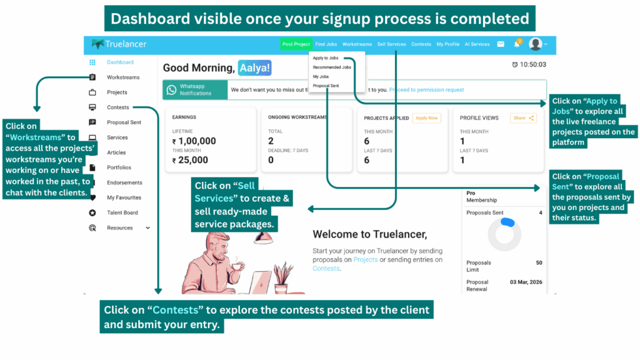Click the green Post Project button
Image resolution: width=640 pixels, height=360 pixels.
[296, 44]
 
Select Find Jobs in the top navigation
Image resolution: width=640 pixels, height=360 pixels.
[326, 44]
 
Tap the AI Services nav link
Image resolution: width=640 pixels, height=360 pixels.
[480, 44]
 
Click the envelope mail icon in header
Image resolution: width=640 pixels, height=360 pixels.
[501, 44]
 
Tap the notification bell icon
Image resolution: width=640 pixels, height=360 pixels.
[517, 44]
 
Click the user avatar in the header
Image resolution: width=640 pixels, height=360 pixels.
[536, 44]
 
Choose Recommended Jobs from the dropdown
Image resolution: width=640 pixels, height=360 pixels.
[332, 67]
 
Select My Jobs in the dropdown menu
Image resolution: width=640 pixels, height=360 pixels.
[321, 76]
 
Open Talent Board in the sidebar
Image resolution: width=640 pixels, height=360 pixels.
[122, 212]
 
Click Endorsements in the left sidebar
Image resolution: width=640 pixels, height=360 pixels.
[124, 182]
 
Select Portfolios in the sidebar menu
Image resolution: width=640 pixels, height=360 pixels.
[119, 167]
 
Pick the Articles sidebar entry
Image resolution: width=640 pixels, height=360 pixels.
[116, 152]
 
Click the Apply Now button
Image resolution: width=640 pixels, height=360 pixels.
[427, 117]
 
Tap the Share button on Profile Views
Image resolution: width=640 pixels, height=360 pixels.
[523, 117]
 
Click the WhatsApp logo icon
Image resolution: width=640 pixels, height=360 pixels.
[171, 90]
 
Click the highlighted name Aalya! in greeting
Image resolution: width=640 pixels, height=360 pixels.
[254, 67]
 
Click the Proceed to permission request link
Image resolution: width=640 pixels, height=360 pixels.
[426, 90]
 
